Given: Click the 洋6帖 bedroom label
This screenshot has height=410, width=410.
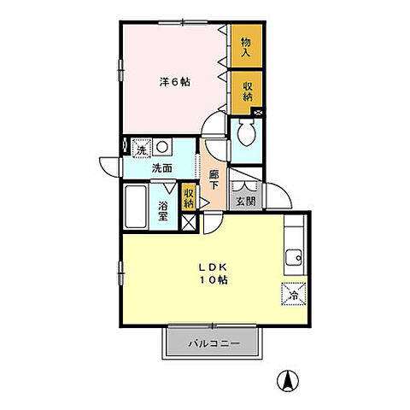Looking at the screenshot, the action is point(174,82).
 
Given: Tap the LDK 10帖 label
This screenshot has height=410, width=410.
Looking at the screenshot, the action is point(213,273).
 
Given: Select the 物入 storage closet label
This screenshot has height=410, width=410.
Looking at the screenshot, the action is point(246,47).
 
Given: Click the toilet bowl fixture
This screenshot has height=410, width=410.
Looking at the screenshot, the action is point(247,132).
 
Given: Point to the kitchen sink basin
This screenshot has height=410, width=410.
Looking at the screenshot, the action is point(294,257).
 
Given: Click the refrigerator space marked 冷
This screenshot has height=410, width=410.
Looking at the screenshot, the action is point(293,294).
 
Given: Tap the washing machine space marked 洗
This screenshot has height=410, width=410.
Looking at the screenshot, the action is point(141,147).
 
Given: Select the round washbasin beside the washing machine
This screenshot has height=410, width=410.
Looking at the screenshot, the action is point(162,147).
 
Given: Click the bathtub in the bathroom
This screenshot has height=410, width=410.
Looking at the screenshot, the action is point(136,207).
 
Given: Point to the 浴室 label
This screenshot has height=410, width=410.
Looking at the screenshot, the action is point(162,211).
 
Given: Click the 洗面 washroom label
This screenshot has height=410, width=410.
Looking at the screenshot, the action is point(161,168).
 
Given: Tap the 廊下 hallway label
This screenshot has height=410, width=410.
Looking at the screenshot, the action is point(214,179).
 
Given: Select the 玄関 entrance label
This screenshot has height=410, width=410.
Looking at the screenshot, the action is point(246,202).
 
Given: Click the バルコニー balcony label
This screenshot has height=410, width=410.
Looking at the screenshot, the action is point(214,343).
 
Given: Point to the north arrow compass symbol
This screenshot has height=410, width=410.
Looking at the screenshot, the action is point(288,381).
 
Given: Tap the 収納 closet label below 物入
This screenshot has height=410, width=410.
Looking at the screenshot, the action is point(247,91).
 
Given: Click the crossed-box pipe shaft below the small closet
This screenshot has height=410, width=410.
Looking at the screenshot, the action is point(189,222).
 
